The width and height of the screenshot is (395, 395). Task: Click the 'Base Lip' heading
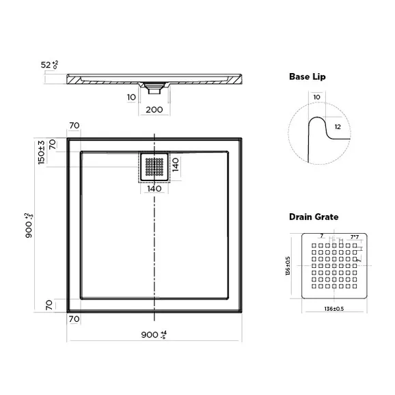[306, 77]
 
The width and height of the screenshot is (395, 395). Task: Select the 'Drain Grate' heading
[313, 217]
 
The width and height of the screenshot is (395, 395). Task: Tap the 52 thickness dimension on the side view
[49, 65]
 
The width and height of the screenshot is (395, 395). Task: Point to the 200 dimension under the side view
[154, 109]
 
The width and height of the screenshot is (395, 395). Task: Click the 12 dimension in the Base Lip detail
[337, 126]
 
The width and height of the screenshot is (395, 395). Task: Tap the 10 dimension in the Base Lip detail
[316, 98]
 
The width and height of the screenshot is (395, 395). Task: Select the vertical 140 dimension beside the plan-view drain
[175, 166]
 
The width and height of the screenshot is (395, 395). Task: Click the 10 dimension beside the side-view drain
[131, 97]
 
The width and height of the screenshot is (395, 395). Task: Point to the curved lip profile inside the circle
[315, 137]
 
